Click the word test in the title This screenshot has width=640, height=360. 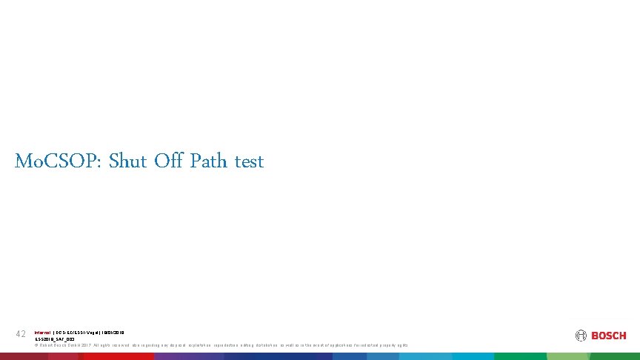(x=249, y=161)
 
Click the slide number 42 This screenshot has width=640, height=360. (x=21, y=336)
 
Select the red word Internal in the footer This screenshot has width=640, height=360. (x=43, y=333)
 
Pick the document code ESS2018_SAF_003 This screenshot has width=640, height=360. (x=55, y=339)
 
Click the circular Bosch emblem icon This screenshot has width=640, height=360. (x=581, y=336)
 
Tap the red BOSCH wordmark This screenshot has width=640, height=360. (x=609, y=336)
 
